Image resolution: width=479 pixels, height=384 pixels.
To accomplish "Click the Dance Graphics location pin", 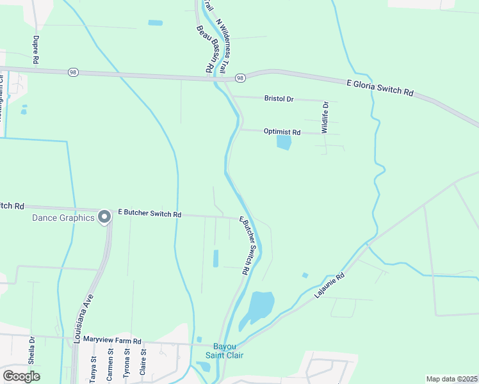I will [x=105, y=218].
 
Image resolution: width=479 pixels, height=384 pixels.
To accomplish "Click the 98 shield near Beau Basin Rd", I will [x=240, y=77].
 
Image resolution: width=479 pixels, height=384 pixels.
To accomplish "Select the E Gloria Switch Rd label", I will [x=380, y=88].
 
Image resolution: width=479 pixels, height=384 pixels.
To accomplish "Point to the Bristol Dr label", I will [x=279, y=99].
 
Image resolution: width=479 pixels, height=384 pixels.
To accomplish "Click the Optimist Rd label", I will [x=282, y=132].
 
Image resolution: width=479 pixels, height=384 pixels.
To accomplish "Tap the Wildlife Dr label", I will [x=325, y=117].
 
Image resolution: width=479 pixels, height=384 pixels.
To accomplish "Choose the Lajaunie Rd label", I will [x=330, y=285].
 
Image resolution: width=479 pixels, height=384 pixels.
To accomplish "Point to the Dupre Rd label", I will [x=35, y=49].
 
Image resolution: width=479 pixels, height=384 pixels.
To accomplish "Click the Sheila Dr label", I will [x=31, y=348].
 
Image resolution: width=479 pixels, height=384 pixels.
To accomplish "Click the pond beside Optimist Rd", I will [x=284, y=142].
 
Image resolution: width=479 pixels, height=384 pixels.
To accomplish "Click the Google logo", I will [x=21, y=376].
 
